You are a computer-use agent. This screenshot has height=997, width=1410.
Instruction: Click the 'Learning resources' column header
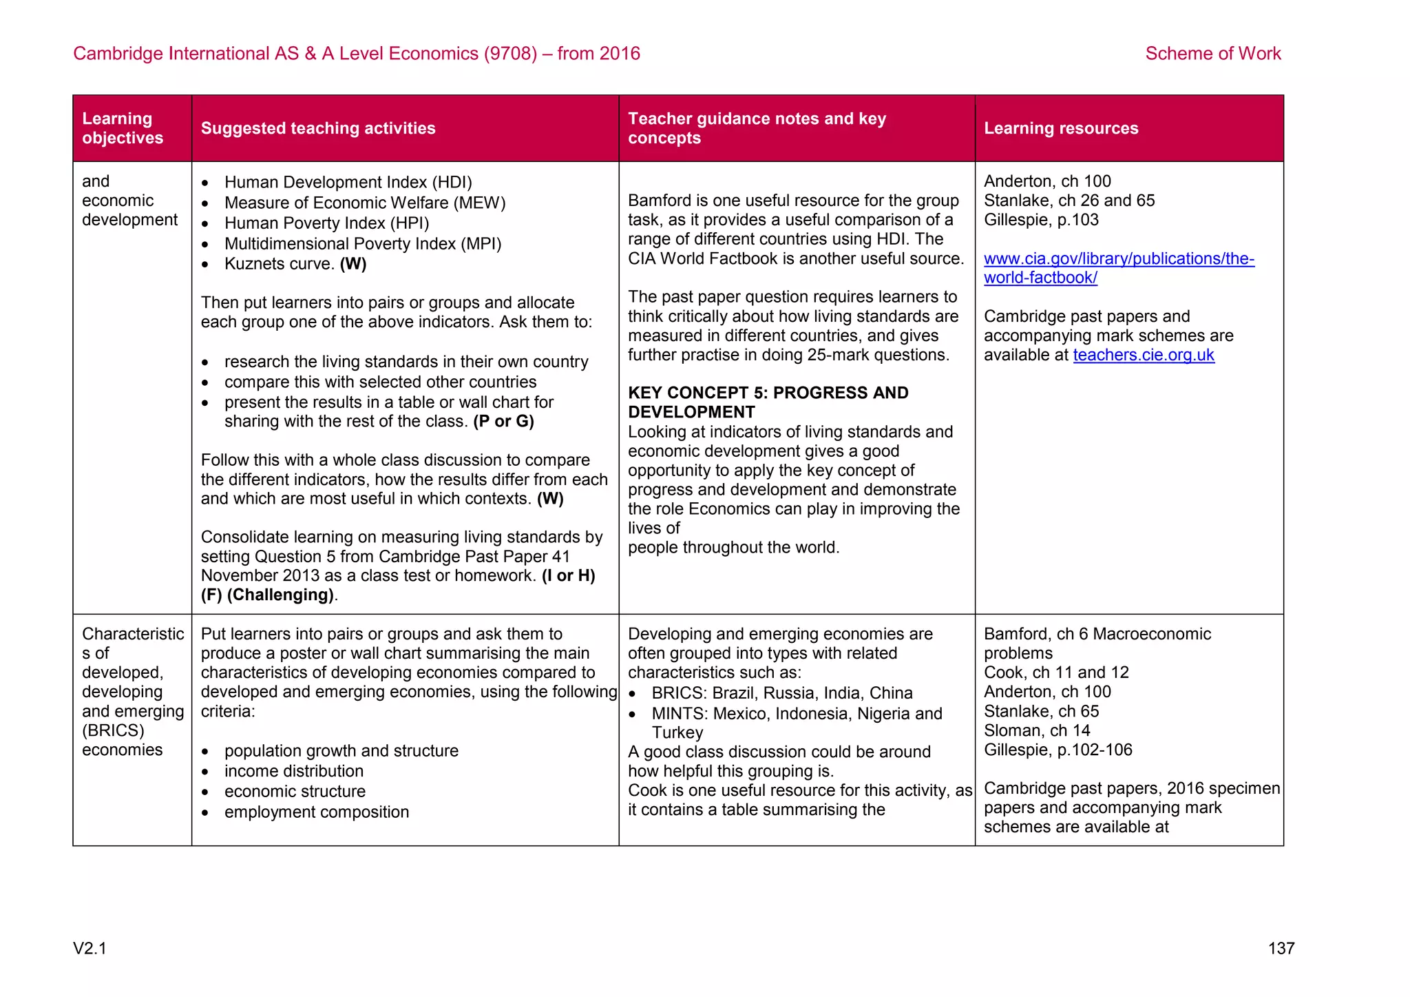click(x=1060, y=128)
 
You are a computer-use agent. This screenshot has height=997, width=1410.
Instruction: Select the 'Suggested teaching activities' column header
click(x=318, y=128)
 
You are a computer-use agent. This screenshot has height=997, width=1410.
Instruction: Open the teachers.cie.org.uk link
click(x=1144, y=355)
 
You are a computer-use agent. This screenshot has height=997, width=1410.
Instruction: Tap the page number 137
click(x=1281, y=949)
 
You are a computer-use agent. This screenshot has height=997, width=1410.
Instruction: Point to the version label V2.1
click(x=90, y=949)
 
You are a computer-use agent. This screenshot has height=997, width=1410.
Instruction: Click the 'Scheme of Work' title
click(x=1212, y=54)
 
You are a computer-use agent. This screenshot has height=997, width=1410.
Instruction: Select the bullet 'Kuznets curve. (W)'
click(x=295, y=264)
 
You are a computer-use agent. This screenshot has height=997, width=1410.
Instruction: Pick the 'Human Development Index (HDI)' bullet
click(x=348, y=183)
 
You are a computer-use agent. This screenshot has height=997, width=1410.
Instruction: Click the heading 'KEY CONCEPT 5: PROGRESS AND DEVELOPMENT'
click(x=768, y=402)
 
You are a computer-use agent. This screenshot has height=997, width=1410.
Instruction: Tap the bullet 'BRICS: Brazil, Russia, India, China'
click(x=782, y=693)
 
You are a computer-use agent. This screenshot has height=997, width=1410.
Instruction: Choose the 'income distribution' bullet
click(x=294, y=771)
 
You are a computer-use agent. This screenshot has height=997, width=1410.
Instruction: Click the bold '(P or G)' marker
click(x=503, y=421)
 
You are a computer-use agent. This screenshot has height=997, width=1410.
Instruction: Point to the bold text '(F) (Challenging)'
click(x=267, y=595)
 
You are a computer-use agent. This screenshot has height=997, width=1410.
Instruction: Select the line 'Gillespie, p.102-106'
click(x=1057, y=750)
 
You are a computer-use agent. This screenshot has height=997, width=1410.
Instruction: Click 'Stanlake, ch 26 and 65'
click(x=1069, y=201)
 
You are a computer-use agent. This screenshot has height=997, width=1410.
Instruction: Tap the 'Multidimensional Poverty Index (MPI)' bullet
click(x=363, y=244)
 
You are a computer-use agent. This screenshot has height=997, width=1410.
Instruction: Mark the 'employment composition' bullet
click(x=317, y=812)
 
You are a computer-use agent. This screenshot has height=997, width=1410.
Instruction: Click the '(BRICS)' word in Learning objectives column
click(x=113, y=730)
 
